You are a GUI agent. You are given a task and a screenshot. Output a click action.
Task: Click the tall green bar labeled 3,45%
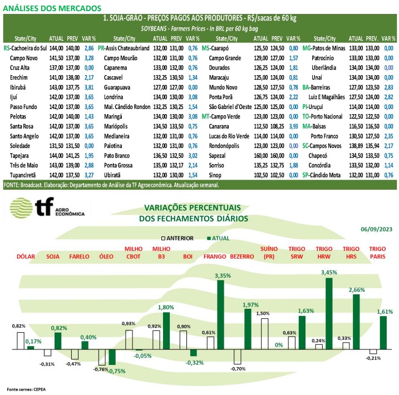pos(328,313)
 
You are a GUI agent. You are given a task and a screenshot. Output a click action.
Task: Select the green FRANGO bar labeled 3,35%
pos(220,314)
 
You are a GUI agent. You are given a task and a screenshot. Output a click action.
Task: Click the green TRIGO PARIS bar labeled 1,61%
pos(383,333)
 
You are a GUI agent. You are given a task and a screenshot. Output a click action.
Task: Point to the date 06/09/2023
pos(376,229)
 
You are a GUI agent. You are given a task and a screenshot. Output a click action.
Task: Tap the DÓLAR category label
pos(26,256)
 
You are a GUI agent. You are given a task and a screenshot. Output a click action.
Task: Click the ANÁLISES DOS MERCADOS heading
pos(53,8)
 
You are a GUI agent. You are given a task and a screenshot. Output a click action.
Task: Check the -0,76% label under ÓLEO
pos(100,369)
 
